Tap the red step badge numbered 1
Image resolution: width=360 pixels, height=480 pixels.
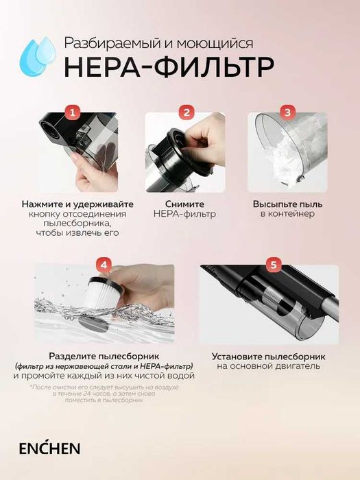[73, 112]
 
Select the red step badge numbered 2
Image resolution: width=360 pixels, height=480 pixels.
[185, 112]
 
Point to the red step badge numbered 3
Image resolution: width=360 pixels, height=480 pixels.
[288, 112]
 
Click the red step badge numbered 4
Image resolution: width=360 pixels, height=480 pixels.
[103, 264]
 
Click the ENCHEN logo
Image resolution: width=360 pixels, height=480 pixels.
[50, 448]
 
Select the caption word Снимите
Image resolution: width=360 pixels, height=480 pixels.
[185, 204]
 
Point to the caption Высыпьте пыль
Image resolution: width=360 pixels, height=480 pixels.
[287, 204]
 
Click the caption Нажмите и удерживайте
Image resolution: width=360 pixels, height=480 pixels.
[77, 204]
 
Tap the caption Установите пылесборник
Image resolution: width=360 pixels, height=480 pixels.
[268, 357]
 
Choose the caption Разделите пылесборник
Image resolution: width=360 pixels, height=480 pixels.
[104, 357]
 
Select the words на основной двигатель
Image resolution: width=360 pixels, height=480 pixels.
[268, 367]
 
